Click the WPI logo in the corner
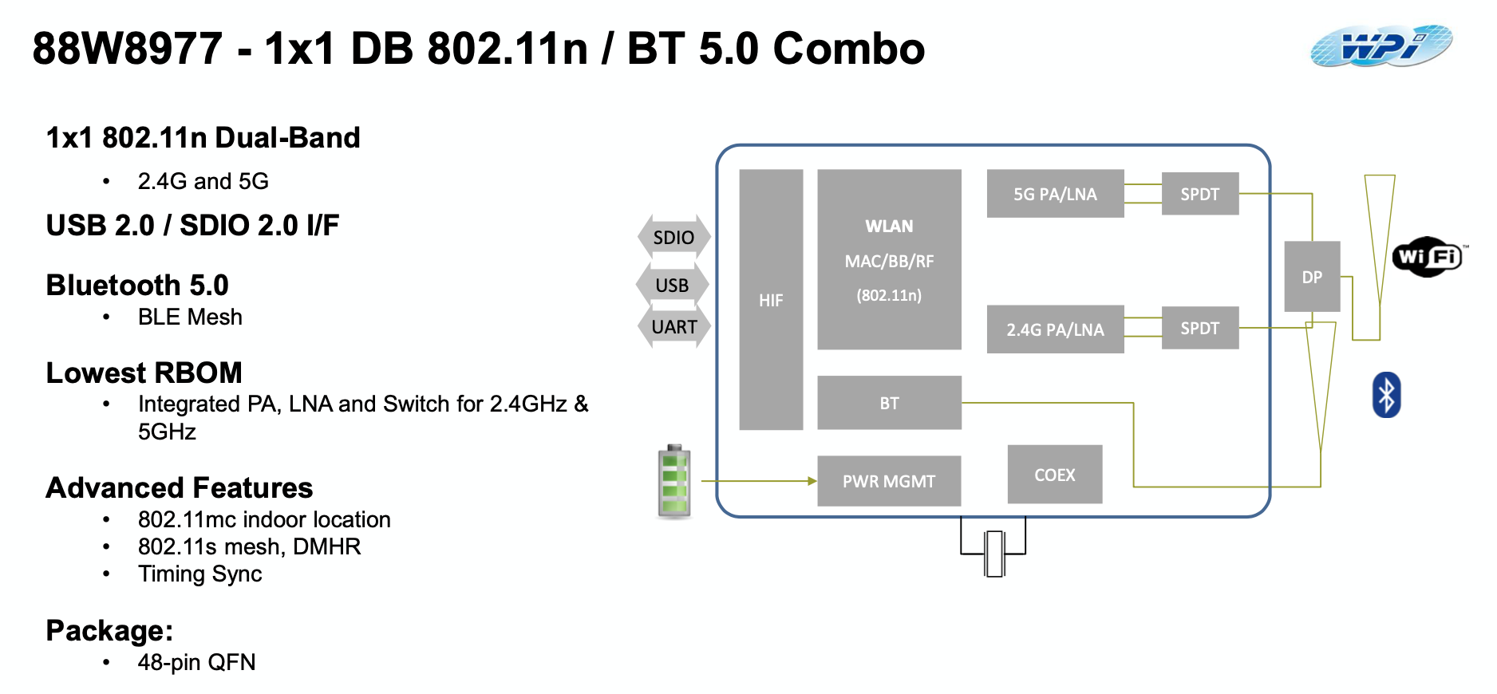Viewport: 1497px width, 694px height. pos(1381,46)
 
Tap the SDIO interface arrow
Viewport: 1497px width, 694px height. pos(673,237)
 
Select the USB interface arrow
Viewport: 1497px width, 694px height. pos(672,285)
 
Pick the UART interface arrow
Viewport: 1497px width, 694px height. pos(674,327)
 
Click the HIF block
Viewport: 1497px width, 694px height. pos(771,300)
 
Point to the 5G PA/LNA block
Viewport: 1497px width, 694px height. pos(1055,194)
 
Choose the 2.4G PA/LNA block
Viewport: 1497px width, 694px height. pos(1055,329)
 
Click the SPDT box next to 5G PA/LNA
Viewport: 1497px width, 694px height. pos(1199,194)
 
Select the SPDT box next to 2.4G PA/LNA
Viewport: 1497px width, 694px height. pos(1199,328)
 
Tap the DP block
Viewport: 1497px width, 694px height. pos(1312,277)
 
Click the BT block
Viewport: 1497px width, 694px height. pos(889,403)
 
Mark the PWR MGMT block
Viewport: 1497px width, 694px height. pos(889,481)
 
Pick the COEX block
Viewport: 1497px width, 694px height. pos(1054,475)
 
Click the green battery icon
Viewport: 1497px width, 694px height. pos(674,482)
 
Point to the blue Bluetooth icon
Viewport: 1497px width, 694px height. pos(1386,395)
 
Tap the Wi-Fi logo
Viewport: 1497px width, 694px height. pos(1428,257)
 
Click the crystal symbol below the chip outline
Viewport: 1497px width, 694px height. pos(993,553)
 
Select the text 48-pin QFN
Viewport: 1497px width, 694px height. pos(196,662)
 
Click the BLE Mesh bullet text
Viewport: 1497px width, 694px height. pos(190,317)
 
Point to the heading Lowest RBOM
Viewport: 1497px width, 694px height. pos(144,373)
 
